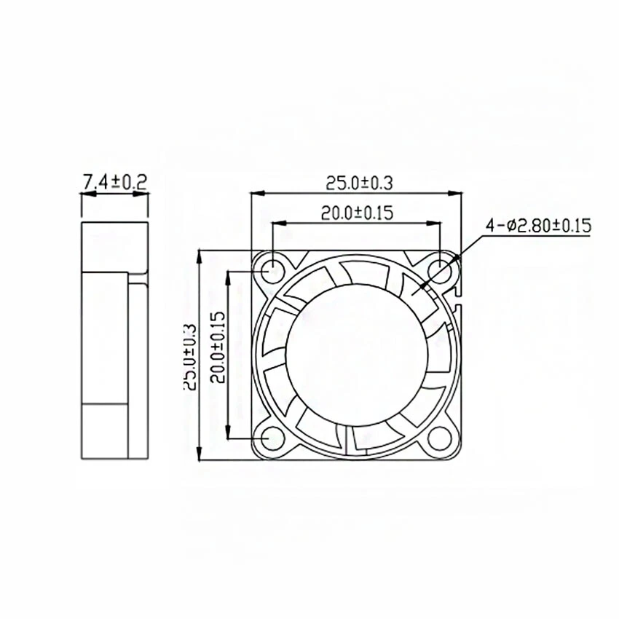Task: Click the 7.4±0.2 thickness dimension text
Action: click(114, 182)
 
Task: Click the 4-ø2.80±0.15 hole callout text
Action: click(540, 226)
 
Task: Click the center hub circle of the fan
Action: click(355, 355)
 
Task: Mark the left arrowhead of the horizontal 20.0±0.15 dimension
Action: click(275, 223)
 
